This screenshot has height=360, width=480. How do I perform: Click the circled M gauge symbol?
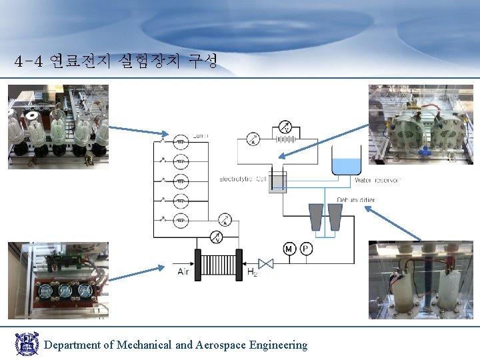pos(289,249)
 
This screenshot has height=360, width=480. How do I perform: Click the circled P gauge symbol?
pos(306,249)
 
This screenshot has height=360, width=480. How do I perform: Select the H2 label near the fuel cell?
pos(253,272)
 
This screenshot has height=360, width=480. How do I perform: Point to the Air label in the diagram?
pos(184,271)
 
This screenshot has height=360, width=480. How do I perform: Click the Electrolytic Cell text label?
pos(243,179)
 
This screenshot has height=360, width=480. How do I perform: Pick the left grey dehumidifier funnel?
pos(316,217)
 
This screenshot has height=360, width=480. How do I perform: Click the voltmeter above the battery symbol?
pos(284,127)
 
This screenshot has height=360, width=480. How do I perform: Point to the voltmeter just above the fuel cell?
pos(215,237)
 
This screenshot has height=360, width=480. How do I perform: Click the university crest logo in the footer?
pos(27,344)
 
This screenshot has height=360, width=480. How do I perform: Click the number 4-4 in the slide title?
pos(29,62)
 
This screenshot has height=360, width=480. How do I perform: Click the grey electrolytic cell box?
pos(277,183)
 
